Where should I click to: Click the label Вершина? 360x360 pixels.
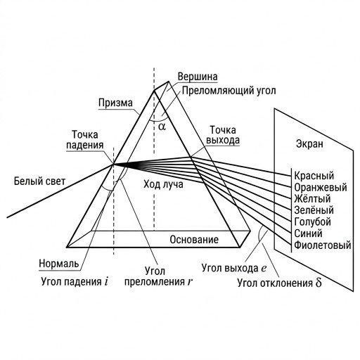(198, 77)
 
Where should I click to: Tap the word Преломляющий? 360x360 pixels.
(215, 91)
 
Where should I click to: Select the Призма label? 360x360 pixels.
(115, 103)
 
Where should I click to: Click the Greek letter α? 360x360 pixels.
(162, 127)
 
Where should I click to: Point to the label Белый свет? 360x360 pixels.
(39, 181)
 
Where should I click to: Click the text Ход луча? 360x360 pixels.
(163, 184)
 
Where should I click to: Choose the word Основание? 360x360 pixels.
(194, 240)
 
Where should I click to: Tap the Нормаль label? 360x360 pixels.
(59, 264)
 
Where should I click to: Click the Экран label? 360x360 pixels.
(309, 143)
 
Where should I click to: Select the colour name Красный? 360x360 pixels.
(314, 176)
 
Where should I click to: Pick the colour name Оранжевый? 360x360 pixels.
(321, 187)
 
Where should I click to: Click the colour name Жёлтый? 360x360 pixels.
(312, 198)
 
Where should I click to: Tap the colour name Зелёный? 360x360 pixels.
(314, 210)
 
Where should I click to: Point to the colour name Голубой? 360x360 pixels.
(312, 221)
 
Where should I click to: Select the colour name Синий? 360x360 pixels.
(308, 233)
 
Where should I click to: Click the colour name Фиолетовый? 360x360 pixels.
(323, 245)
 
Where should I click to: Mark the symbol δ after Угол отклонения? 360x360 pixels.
(319, 283)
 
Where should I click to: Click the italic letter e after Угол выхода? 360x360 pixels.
(264, 269)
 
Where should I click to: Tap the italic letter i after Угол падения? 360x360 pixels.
(106, 281)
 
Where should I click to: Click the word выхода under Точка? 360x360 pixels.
(223, 140)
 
